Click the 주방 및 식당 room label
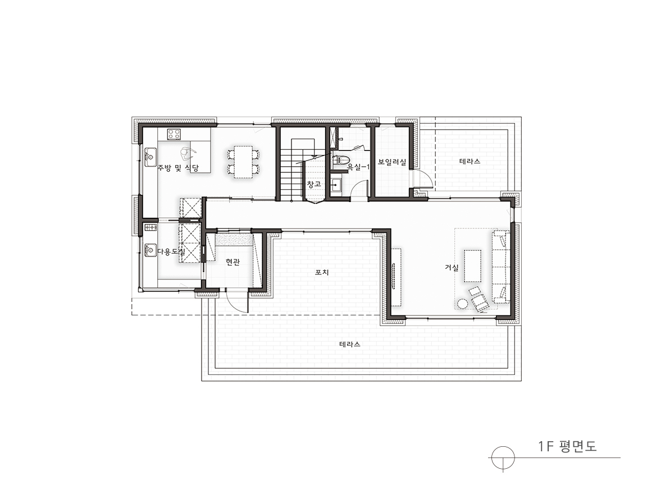point(178,168)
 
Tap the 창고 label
point(314,184)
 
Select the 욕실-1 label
point(358,167)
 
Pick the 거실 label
point(452,268)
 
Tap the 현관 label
point(233,262)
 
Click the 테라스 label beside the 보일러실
point(470,161)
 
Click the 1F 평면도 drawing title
point(567,446)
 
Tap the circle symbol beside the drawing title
point(503,458)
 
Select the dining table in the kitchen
point(243,162)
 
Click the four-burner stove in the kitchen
point(174,134)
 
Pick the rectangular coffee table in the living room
point(473,266)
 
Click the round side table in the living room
point(463,304)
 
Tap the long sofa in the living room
point(500,267)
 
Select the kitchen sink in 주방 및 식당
point(150,156)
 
